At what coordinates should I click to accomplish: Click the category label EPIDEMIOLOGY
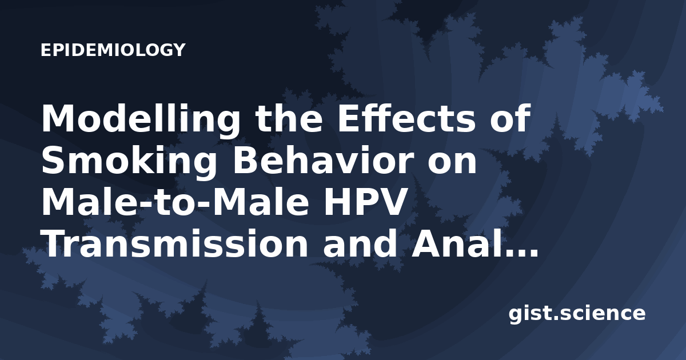[113, 50]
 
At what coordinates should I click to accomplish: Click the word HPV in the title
[365, 202]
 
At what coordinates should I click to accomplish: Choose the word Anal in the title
[456, 244]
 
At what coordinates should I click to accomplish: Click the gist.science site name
[577, 314]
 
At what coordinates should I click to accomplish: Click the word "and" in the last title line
[360, 244]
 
